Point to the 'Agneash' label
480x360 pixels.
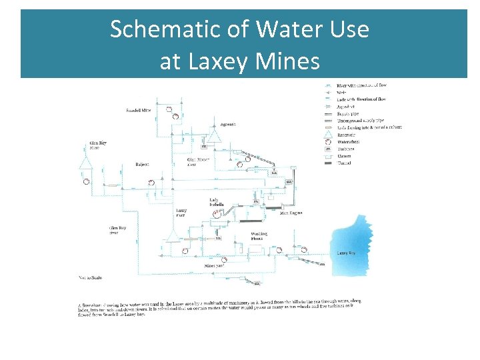[x=210, y=124]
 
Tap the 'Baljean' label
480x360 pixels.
[x=141, y=164]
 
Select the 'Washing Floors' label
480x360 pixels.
[x=259, y=236]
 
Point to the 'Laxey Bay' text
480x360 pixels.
[x=346, y=253]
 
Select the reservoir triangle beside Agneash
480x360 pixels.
[x=213, y=137]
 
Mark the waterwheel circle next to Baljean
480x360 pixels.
[x=152, y=181]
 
